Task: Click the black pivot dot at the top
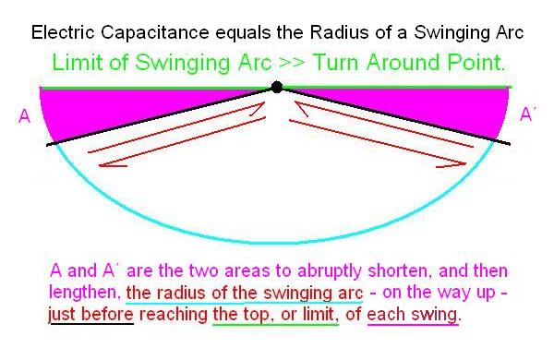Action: click(277, 87)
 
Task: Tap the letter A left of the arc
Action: click(24, 116)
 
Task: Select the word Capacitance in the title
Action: click(155, 32)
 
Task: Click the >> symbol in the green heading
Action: click(292, 63)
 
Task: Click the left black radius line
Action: click(161, 116)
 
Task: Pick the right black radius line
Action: click(394, 115)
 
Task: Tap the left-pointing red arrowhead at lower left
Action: click(106, 164)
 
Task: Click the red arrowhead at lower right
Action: click(456, 164)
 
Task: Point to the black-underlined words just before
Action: click(91, 315)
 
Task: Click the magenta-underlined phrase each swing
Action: click(413, 315)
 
